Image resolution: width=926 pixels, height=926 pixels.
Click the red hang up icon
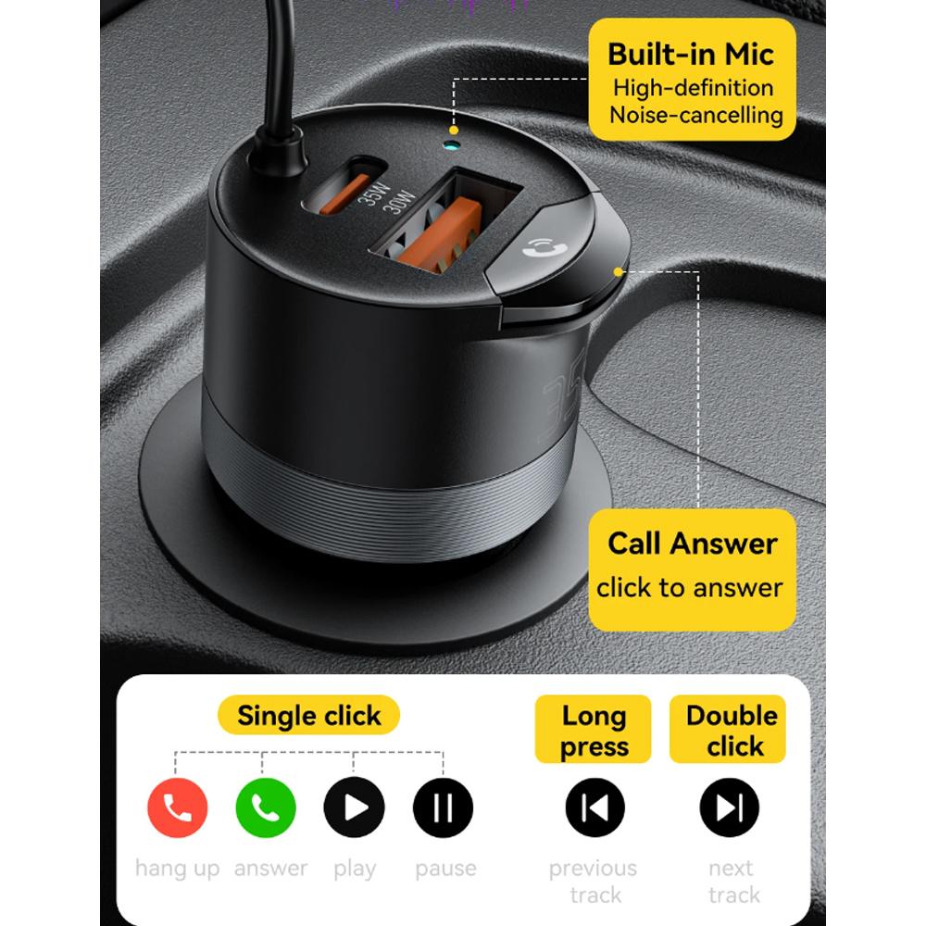click(178, 808)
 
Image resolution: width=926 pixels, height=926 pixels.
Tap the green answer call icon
click(266, 808)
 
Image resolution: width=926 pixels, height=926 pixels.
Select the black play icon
click(354, 808)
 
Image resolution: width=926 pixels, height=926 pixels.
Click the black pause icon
click(443, 808)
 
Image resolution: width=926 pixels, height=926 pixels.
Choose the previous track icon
click(594, 808)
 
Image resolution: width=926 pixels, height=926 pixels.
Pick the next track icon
click(730, 808)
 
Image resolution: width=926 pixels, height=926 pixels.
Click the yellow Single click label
click(308, 716)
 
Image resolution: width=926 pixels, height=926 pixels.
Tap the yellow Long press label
click(594, 731)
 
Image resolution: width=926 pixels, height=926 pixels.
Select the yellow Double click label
click(732, 731)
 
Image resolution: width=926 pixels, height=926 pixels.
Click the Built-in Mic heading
click(690, 54)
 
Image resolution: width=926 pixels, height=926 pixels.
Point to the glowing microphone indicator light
click(452, 145)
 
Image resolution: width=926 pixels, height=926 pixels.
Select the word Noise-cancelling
click(695, 116)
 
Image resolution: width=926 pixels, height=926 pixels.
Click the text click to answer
click(690, 587)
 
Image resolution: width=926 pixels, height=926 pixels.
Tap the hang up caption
click(178, 869)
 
